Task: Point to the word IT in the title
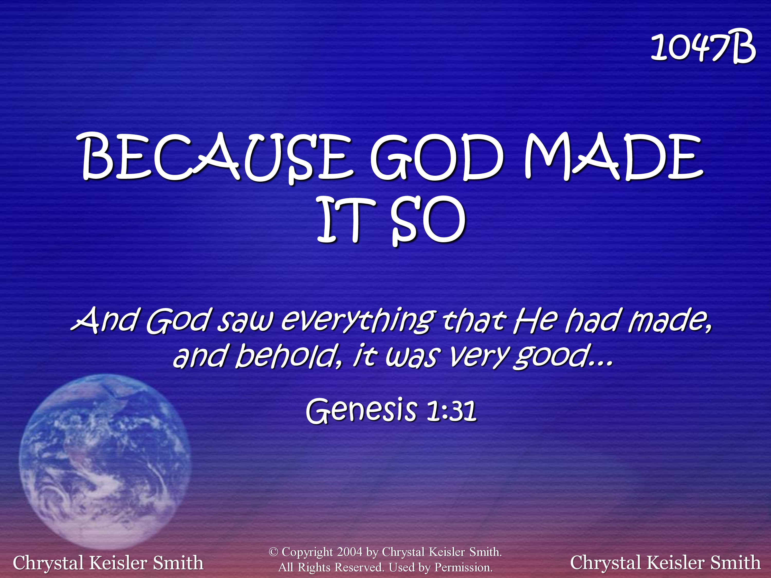pyautogui.click(x=346, y=219)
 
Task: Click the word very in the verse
pyautogui.click(x=479, y=357)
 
